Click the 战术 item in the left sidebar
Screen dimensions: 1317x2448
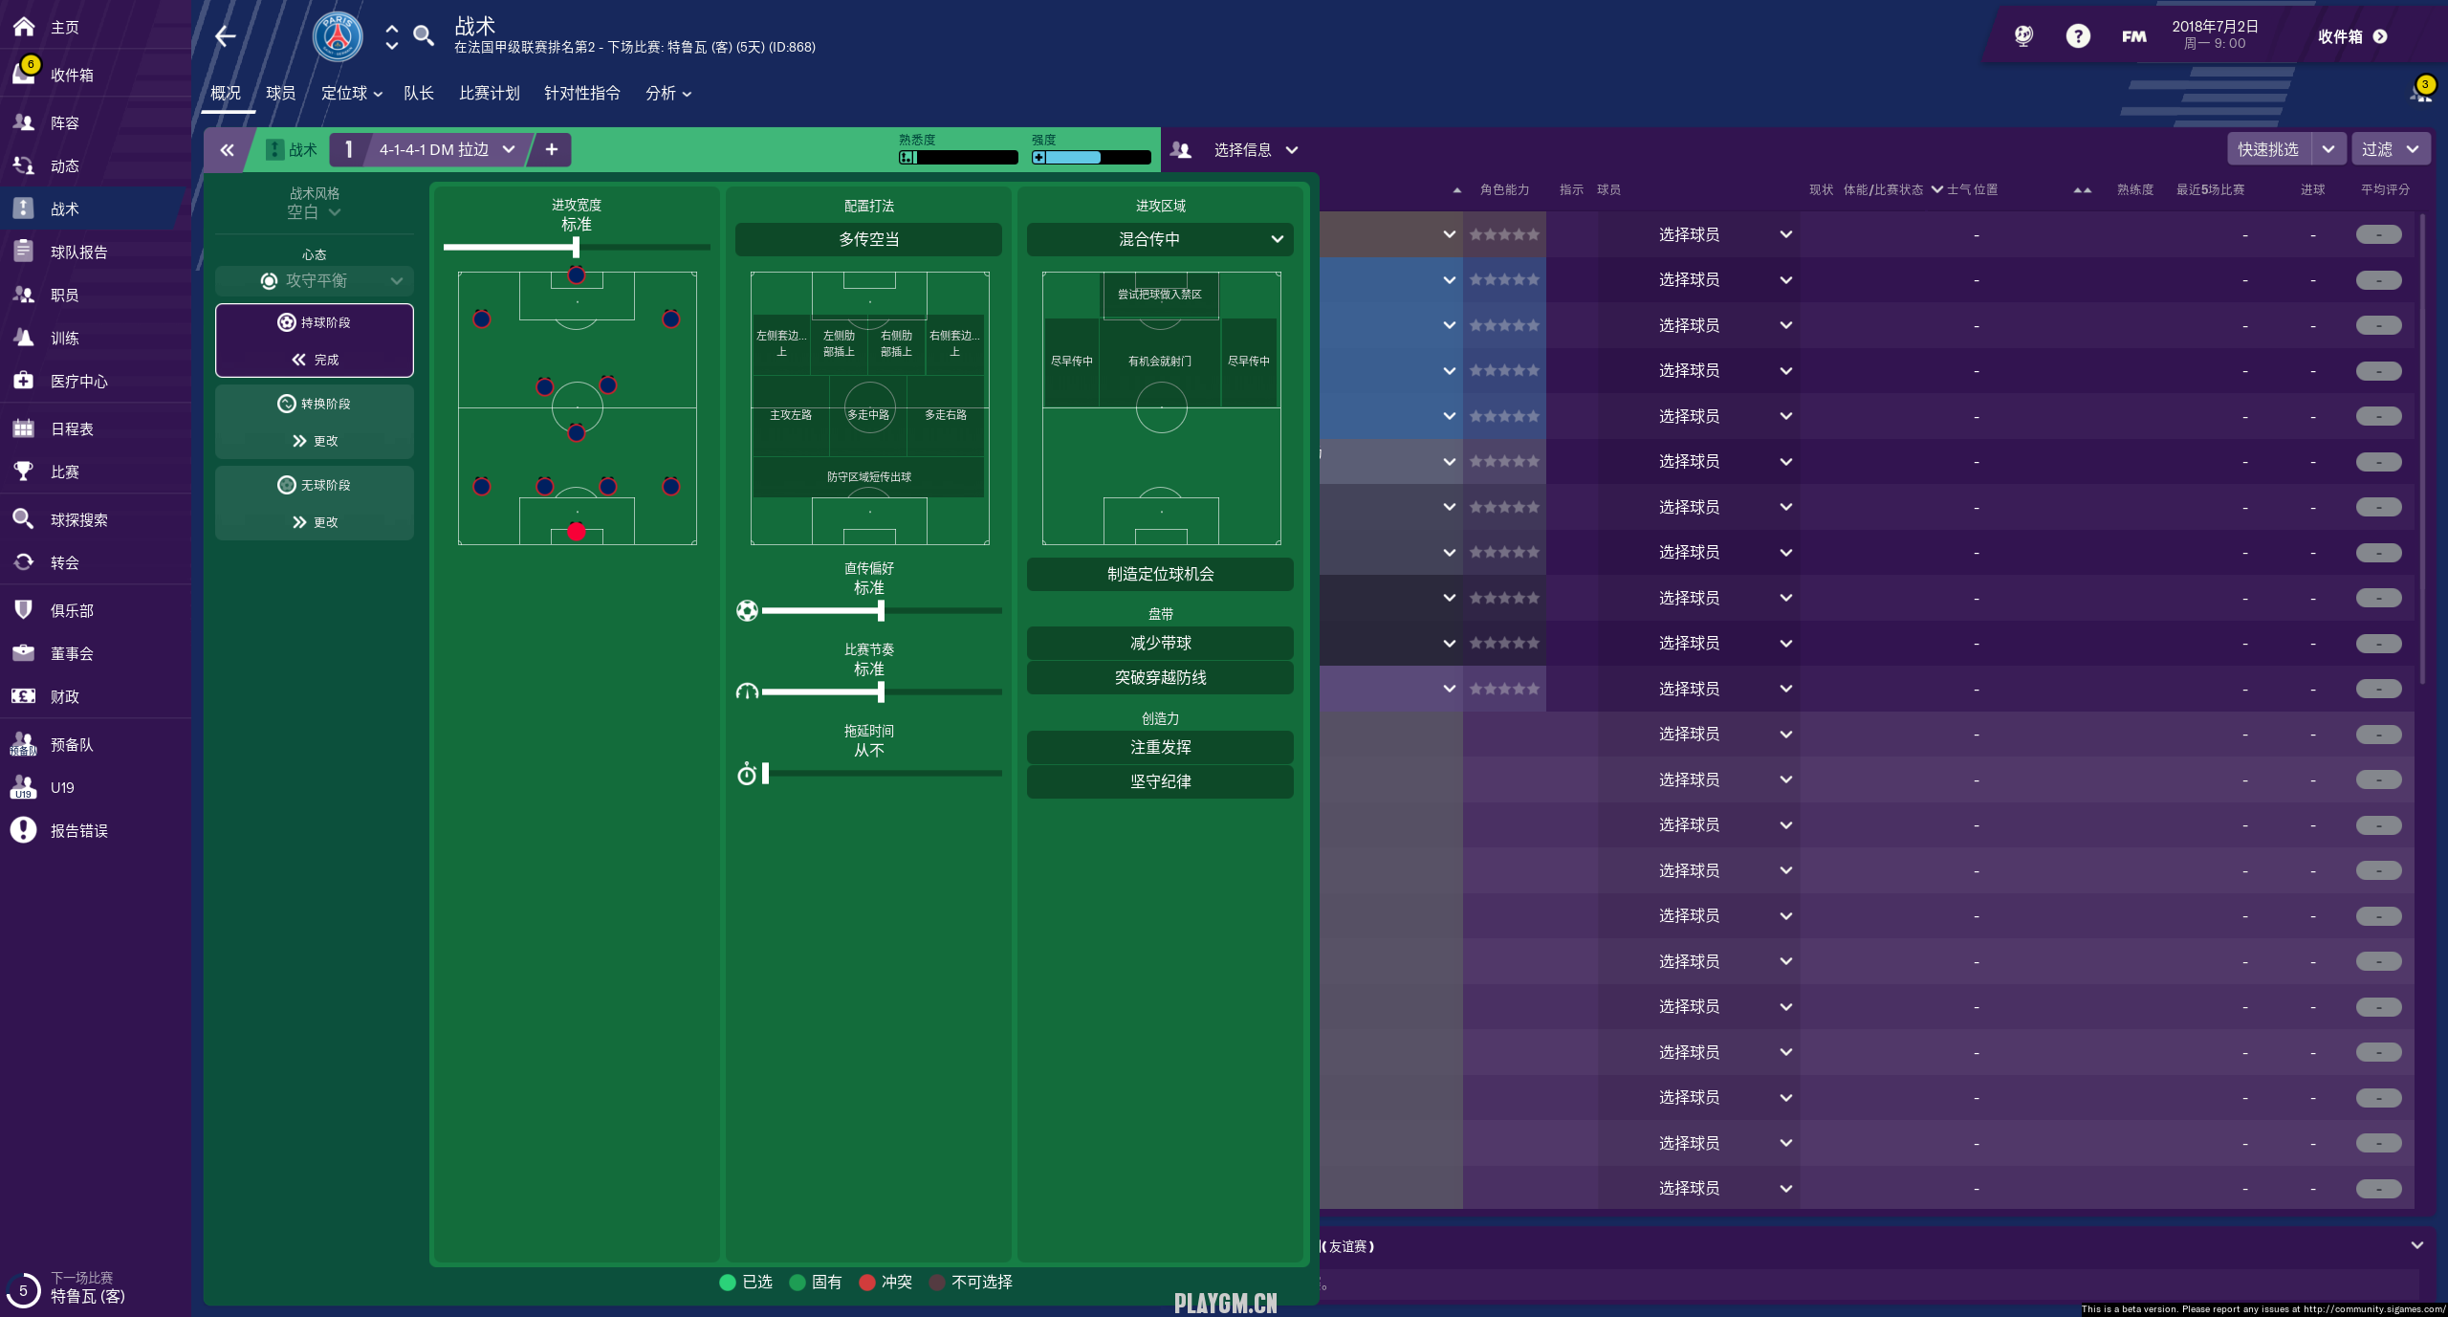(x=65, y=209)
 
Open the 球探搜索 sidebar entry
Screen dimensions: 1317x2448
(x=78, y=519)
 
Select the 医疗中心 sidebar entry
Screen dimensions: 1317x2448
(x=78, y=381)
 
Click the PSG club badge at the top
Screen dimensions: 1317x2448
(x=338, y=36)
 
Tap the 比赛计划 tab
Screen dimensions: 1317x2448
(x=489, y=93)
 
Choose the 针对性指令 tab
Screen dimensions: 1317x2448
(x=581, y=93)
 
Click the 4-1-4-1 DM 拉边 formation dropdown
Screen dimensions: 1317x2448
(x=446, y=149)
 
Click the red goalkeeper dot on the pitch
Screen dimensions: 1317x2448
(x=576, y=532)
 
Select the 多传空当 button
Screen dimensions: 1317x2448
(x=868, y=239)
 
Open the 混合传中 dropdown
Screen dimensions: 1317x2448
(x=1159, y=239)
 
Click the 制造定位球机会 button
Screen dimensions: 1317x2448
(x=1159, y=574)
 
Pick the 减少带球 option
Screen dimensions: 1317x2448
(x=1159, y=643)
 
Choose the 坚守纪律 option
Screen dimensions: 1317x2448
(x=1159, y=781)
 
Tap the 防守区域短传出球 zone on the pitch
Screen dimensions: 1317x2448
(x=868, y=476)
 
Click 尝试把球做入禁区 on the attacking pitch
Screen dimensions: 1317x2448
(x=1159, y=295)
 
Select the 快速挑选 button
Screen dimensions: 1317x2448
(x=2267, y=149)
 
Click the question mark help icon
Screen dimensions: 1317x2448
(x=2077, y=36)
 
